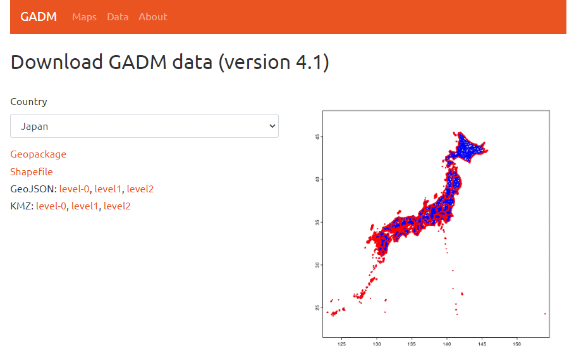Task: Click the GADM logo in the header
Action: tap(39, 17)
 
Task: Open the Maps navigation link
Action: tap(84, 17)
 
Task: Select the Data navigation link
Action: tap(118, 17)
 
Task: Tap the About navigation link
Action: tap(152, 17)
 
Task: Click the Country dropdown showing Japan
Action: tap(144, 126)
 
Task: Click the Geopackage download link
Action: tap(38, 154)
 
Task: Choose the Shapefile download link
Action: tap(32, 171)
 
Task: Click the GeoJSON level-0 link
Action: tap(74, 189)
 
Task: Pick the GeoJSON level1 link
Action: tap(108, 189)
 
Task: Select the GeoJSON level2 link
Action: tap(140, 189)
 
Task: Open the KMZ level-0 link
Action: tap(51, 206)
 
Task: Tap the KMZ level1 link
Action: tap(85, 206)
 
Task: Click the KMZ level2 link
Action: tap(117, 206)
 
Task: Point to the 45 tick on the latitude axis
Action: tap(317, 137)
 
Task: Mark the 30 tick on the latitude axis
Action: tap(317, 265)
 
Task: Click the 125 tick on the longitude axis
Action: tap(341, 344)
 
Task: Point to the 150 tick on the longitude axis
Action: tap(516, 344)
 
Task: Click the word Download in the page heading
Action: tap(57, 62)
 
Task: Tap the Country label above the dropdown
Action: tap(28, 101)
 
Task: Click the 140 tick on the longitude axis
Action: tap(446, 344)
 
